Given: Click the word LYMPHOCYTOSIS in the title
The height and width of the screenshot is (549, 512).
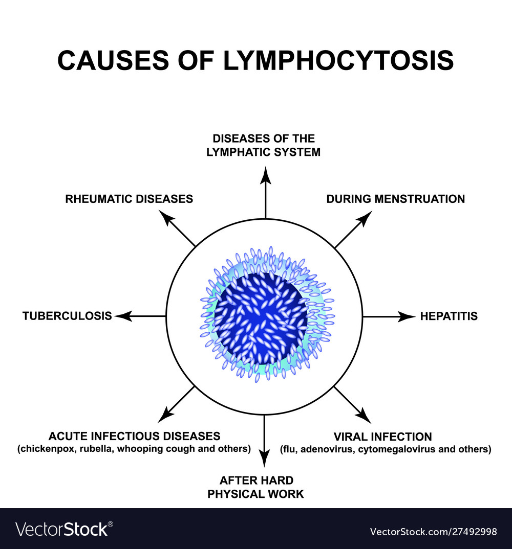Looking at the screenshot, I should tap(338, 60).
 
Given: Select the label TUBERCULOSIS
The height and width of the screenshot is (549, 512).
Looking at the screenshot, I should tap(67, 316).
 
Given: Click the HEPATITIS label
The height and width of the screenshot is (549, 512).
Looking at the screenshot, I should tap(449, 316).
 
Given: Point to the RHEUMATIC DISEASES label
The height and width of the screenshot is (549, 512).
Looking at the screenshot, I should tap(129, 199).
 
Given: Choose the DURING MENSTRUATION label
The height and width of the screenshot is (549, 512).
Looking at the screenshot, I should tap(395, 199).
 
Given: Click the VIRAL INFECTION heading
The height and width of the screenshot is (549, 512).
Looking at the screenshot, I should tap(382, 437).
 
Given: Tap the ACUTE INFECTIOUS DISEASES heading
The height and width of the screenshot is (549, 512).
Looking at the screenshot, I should tap(134, 437).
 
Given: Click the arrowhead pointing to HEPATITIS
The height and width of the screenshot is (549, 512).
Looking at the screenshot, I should tap(409, 316).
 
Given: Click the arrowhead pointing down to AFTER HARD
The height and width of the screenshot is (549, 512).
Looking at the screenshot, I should tap(265, 460).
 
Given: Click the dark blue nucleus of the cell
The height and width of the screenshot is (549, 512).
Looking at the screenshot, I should tap(261, 317).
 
